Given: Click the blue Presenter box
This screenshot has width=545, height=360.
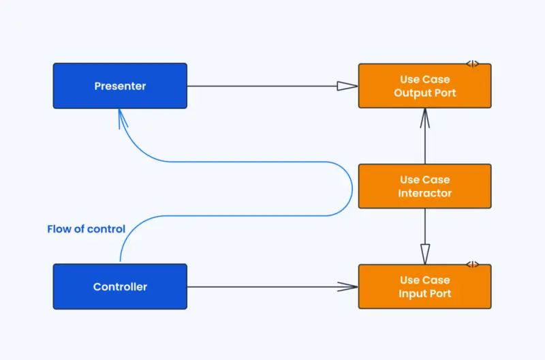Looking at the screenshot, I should coord(120,86).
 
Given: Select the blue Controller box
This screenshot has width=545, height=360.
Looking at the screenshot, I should coord(120,286).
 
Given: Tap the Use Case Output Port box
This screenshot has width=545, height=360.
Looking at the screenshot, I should coord(424,86).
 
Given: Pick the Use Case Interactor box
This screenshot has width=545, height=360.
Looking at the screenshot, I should coord(424,186).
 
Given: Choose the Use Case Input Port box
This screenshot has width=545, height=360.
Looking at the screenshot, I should coord(424,286).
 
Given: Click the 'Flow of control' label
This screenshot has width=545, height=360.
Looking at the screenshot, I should coord(86,229).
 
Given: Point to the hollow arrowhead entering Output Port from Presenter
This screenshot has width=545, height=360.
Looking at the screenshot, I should coord(347,86).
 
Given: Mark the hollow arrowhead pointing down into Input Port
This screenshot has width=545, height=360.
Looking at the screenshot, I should coord(424,254).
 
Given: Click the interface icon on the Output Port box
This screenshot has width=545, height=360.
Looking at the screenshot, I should coord(472,64).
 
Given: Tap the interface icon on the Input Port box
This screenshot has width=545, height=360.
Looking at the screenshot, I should coord(472,265).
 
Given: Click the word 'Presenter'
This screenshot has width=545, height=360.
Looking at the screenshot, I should coord(120,86).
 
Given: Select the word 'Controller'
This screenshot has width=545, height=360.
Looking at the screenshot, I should coord(120,286).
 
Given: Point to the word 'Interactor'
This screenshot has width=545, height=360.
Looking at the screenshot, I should coord(424,193).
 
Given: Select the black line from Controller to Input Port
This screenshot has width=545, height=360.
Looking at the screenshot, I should coord(266,286).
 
